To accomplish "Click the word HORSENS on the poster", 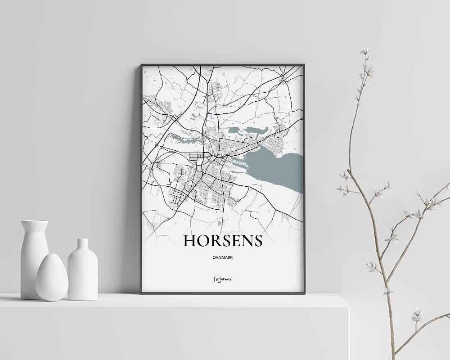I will (x=223, y=241).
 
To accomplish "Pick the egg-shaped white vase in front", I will (x=52, y=277).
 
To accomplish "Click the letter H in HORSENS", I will (x=189, y=241).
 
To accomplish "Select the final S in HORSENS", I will (x=257, y=241).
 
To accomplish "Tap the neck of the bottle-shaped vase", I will (x=82, y=245).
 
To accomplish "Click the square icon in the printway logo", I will (x=216, y=279).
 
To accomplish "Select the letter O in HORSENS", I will (x=203, y=241).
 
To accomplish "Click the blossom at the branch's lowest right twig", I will (x=416, y=315).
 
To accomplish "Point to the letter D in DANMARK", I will (x=212, y=258).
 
